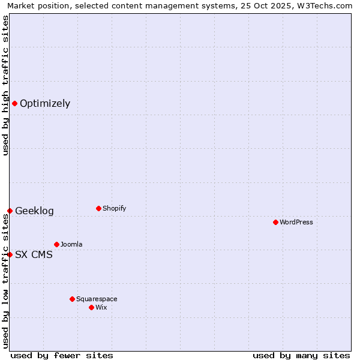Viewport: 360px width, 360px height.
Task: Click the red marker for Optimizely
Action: coord(14,103)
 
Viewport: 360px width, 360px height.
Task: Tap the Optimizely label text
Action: coord(45,104)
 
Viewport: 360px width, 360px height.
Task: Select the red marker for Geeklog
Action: coord(10,211)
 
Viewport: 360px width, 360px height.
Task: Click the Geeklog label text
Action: coord(34,211)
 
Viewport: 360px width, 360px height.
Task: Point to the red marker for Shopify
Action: coord(98,208)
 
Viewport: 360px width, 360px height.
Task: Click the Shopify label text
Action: coord(114,209)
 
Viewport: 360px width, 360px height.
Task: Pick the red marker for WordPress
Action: coord(275,222)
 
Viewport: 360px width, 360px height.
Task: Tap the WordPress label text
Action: coord(296,223)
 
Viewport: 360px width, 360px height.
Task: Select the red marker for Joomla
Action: coord(56,244)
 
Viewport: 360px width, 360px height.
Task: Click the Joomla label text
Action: coord(71,245)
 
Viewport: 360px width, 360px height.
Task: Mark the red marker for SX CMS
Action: coord(10,254)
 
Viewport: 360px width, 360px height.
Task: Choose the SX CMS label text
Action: coord(34,255)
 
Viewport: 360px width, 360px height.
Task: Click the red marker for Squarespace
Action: coord(72,299)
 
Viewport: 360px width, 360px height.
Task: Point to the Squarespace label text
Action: coord(97,299)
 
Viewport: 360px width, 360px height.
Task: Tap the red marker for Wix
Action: coord(91,307)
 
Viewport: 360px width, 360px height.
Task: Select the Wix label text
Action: coord(101,308)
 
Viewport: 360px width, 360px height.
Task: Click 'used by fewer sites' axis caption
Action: coord(62,355)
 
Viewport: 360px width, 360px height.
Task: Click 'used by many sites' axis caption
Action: coord(301,355)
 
